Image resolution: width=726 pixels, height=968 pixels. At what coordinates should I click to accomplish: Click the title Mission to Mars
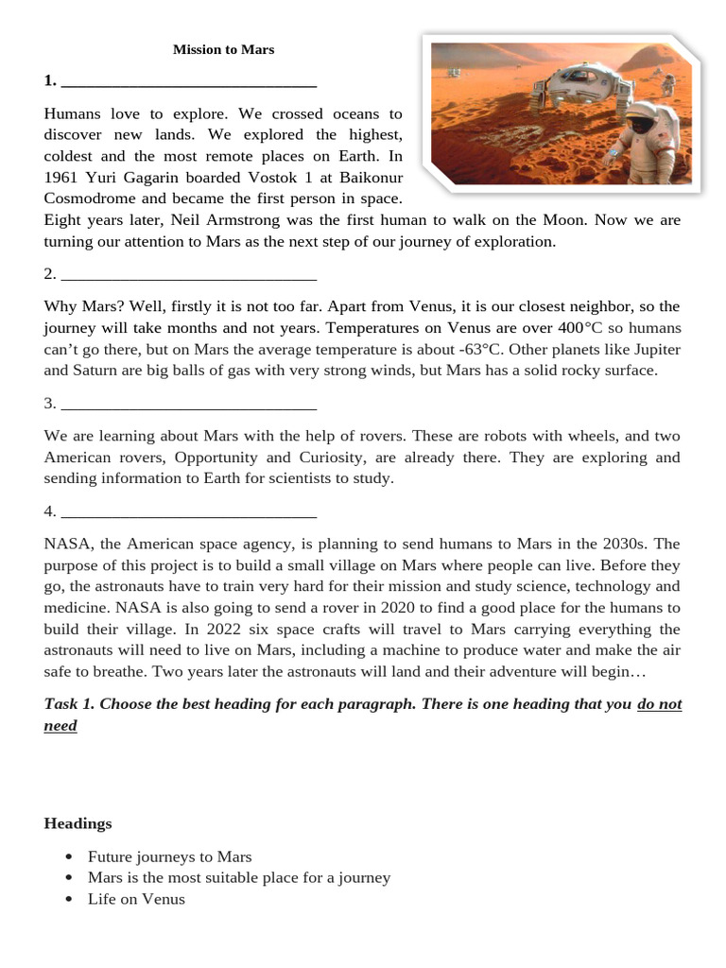pos(223,49)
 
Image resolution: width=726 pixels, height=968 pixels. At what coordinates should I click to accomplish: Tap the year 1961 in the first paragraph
pos(61,178)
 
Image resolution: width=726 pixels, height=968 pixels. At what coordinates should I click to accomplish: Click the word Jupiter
pos(652,350)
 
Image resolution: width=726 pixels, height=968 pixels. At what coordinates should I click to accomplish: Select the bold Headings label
pos(78,823)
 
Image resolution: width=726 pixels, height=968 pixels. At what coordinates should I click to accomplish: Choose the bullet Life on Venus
pos(136,899)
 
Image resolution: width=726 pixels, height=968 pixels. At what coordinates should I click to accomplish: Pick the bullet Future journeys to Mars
pos(170,856)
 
